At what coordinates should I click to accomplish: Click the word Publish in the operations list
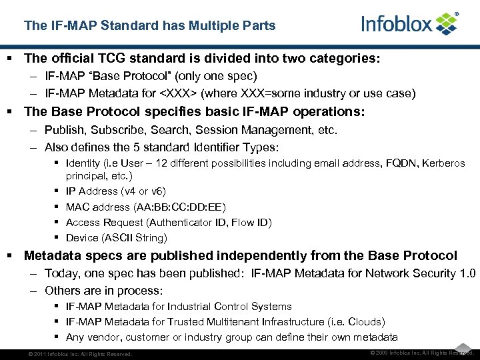63,130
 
